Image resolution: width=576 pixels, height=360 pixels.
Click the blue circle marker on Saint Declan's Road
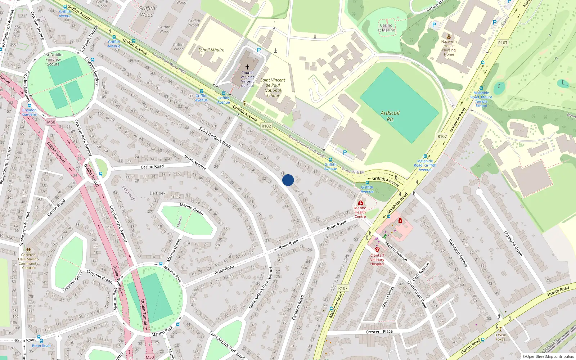click(x=288, y=180)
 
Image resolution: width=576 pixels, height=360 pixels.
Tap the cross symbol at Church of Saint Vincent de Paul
click(x=247, y=67)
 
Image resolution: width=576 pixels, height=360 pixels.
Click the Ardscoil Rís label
click(x=390, y=116)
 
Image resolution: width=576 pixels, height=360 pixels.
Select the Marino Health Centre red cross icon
click(x=360, y=203)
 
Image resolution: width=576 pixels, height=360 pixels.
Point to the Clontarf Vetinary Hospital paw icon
click(x=377, y=249)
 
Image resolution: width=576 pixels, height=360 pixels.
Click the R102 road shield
click(x=266, y=126)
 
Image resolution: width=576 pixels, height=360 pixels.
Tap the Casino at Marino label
click(x=386, y=28)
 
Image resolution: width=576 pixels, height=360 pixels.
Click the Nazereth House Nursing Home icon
click(x=449, y=36)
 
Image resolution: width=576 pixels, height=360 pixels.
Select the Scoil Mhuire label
click(x=211, y=50)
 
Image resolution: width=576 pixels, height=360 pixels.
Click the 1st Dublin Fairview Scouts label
click(x=53, y=59)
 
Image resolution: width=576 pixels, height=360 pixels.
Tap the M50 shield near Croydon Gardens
click(x=51, y=122)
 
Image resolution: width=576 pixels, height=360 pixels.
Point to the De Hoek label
click(x=157, y=193)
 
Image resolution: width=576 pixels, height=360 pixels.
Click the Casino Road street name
click(x=152, y=167)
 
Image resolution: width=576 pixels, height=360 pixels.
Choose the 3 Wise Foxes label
click(x=500, y=337)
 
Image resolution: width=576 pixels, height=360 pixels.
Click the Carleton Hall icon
click(x=28, y=250)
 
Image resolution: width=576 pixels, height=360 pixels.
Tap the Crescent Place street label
click(x=379, y=332)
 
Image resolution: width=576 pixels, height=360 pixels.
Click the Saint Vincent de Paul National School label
click(x=273, y=88)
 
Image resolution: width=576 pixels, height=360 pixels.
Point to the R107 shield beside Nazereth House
click(x=503, y=43)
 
